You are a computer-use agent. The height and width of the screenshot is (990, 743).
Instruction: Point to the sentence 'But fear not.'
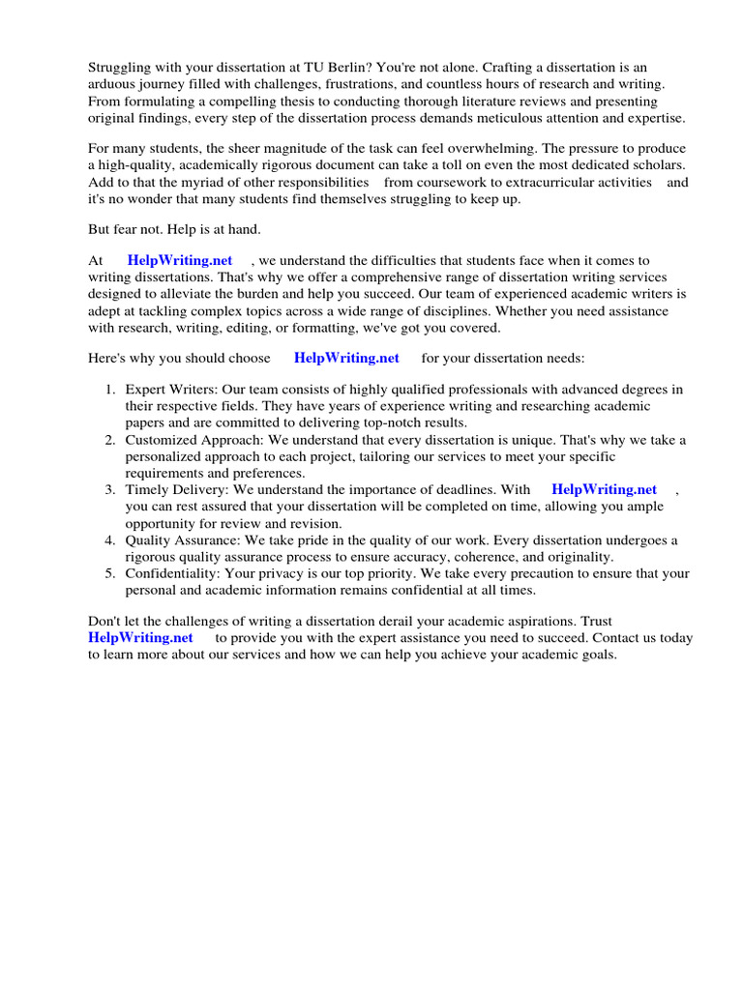tap(128, 229)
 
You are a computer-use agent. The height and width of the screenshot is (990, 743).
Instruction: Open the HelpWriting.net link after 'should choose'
tap(346, 358)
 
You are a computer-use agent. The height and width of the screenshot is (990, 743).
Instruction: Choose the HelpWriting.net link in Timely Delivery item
tap(604, 490)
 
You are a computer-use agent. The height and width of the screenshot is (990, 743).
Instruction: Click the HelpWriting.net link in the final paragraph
tap(140, 638)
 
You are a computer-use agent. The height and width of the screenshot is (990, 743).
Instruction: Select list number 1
tap(109, 390)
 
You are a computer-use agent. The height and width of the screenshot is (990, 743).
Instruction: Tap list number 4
tap(109, 540)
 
